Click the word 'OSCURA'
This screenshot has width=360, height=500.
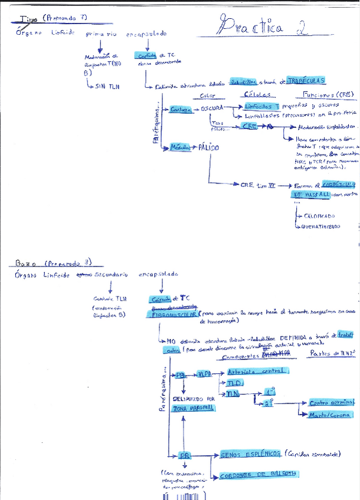pos(212,109)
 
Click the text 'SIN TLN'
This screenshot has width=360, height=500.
pos(107,87)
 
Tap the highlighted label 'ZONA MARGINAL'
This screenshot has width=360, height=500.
pos(194,409)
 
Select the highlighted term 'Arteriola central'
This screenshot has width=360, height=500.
pos(257,371)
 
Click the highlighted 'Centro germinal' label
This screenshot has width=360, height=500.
pos(332,403)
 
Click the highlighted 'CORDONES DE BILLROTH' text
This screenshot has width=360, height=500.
pos(258,475)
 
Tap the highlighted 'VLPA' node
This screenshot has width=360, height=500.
pos(205,374)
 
